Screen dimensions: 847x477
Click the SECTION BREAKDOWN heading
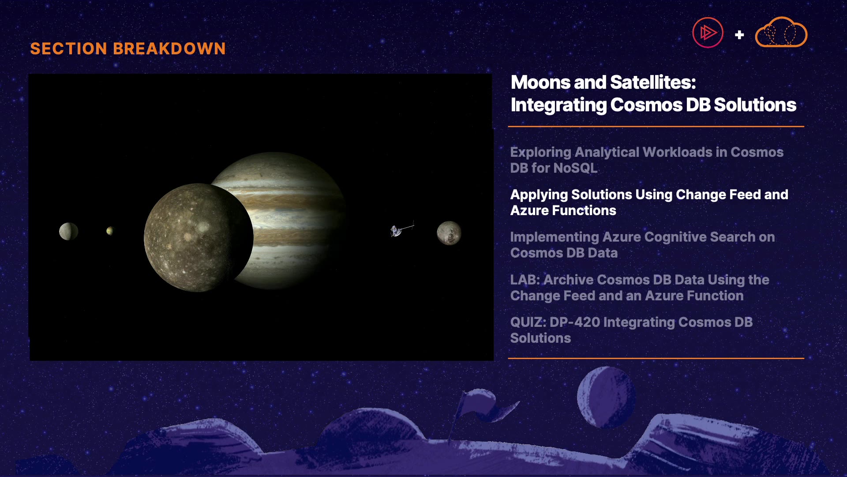coord(128,49)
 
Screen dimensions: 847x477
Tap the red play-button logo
coord(708,33)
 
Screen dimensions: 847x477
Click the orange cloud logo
coord(781,32)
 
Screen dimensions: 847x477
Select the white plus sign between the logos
coord(739,34)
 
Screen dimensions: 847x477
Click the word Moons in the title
coord(540,82)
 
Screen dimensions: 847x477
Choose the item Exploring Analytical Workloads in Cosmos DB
coord(647,160)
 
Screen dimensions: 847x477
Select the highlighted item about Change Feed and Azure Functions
coord(649,202)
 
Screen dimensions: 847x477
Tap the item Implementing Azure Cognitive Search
coord(642,245)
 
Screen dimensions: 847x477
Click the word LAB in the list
coord(525,280)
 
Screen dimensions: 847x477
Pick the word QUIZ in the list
coord(528,322)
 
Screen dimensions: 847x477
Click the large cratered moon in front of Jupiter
coord(198,238)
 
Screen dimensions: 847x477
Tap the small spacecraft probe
coord(401,229)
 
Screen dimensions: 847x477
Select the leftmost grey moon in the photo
coord(68,231)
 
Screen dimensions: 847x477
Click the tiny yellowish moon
coord(110,231)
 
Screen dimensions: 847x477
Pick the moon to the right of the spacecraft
coord(449,233)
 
